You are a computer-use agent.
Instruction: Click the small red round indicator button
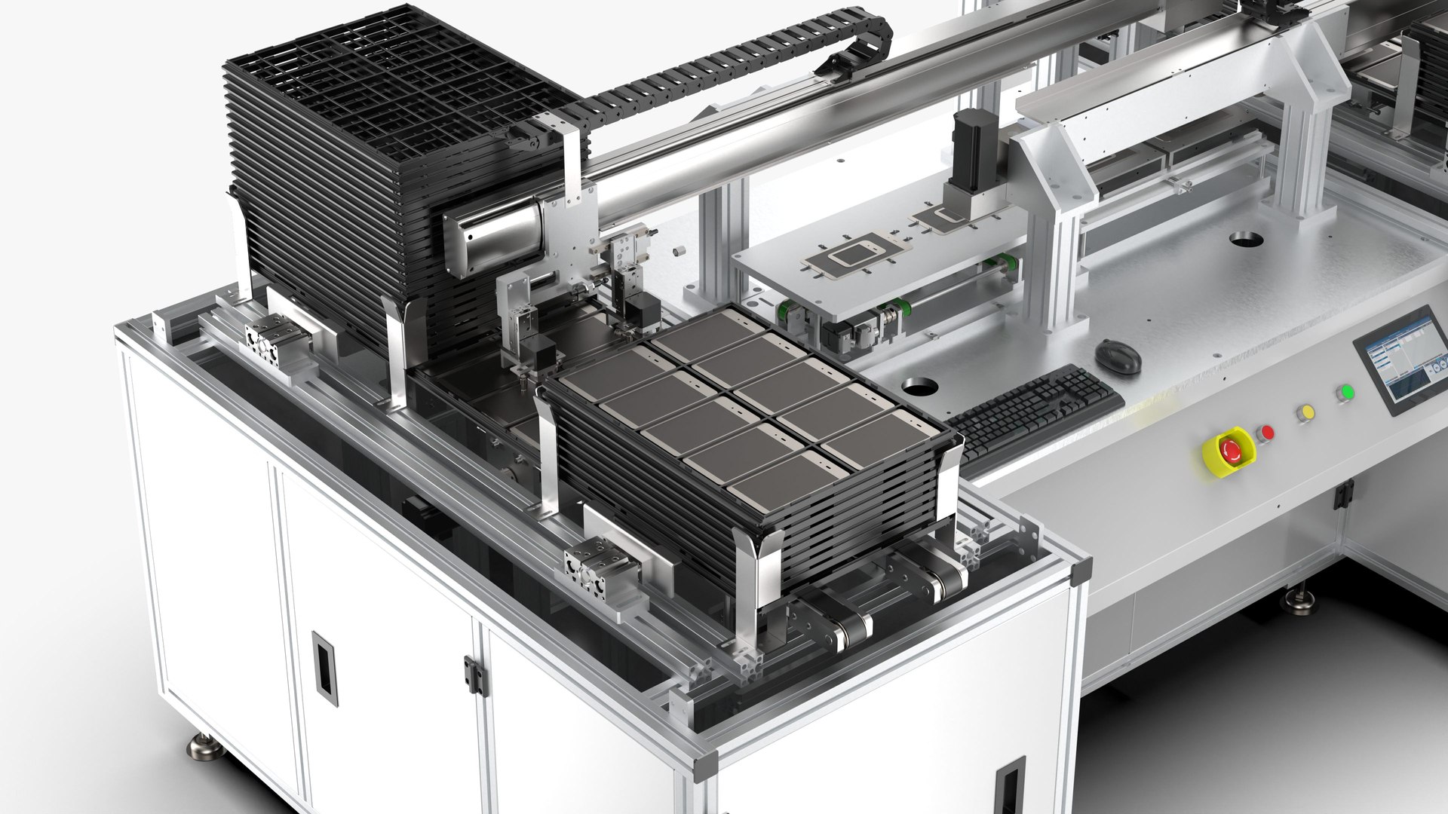(1265, 433)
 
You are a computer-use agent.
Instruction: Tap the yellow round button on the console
(1304, 413)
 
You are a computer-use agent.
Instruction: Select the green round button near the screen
(1345, 393)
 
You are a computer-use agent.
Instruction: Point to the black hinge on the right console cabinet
(1342, 495)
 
